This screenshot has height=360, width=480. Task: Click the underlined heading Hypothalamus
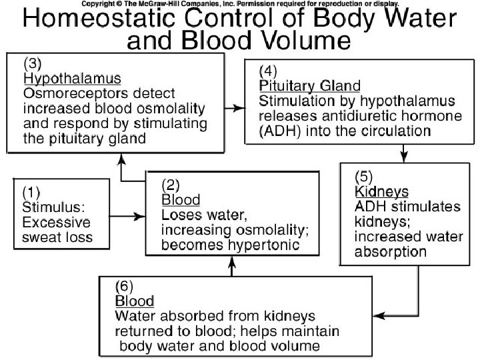point(63,79)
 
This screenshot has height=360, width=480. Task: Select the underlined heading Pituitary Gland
point(309,86)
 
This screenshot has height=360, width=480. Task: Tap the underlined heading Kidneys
point(381,191)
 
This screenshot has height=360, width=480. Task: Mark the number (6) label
point(125,285)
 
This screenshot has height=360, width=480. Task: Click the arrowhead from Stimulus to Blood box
point(142,216)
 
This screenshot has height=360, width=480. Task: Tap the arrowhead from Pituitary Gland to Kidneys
point(403,157)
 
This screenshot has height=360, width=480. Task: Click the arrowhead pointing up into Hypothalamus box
point(121,156)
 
